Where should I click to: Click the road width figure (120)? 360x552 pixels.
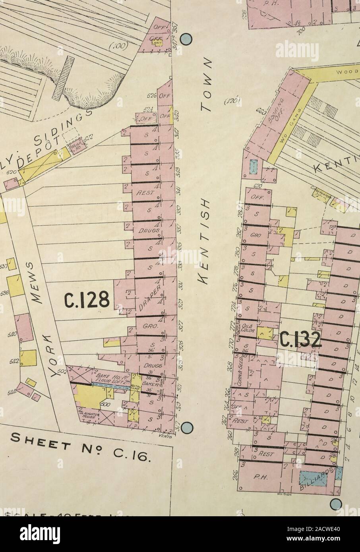233,102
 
